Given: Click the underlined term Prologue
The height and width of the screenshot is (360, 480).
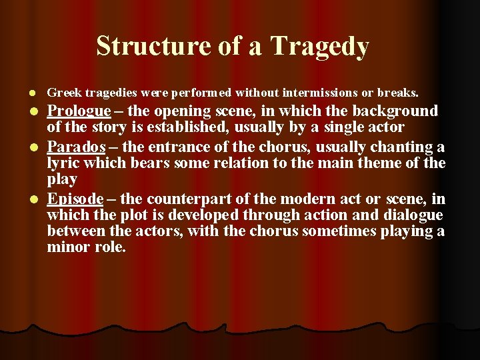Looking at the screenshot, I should [79, 111].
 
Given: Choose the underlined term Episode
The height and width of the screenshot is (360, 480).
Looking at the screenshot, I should [75, 199].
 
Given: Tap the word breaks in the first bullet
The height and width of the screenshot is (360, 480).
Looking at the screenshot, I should [397, 91].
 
